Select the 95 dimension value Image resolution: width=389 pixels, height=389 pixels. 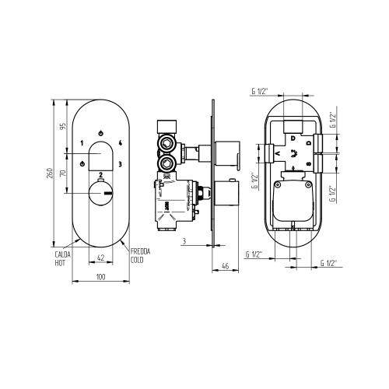pos(63,128)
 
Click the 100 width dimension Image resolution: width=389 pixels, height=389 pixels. pos(100,276)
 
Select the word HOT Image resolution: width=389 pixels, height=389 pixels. pos(59,261)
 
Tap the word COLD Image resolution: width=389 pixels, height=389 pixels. pos(138,261)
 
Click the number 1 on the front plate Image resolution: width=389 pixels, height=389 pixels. pos(82,144)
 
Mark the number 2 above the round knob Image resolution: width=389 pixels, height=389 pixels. pos(101,174)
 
